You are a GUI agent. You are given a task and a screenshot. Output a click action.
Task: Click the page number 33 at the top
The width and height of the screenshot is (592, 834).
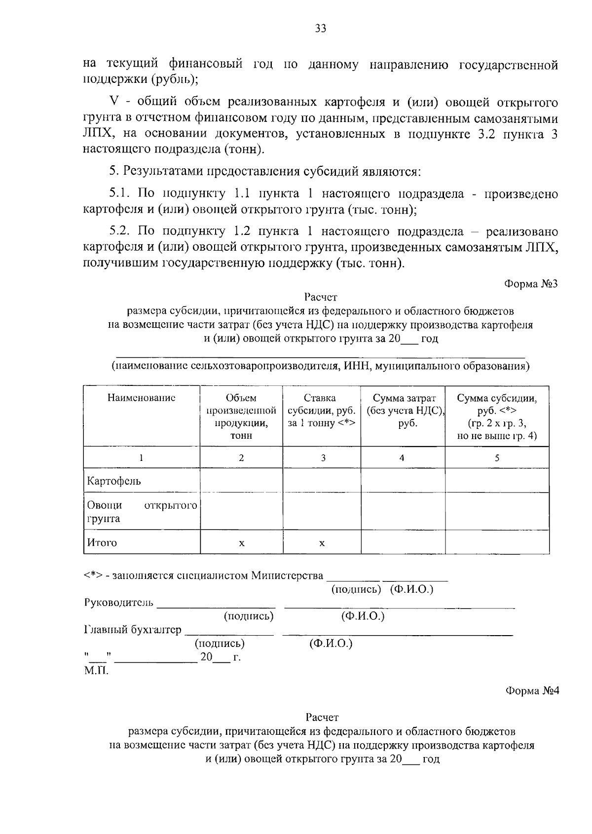(321, 29)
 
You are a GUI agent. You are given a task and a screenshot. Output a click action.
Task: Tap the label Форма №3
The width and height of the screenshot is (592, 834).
(531, 284)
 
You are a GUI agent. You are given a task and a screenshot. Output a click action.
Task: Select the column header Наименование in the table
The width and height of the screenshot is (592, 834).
(142, 398)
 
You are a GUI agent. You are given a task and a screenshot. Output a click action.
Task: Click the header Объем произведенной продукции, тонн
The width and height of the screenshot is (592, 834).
(241, 417)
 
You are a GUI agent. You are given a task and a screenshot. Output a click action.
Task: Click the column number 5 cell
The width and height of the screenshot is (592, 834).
(497, 458)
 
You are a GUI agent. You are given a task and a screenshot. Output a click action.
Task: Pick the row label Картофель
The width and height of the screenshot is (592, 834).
(114, 481)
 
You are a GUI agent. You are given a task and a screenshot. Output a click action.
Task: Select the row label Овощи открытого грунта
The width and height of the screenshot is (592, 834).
(142, 512)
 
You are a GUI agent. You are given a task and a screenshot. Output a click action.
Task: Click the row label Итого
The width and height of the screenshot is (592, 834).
(102, 543)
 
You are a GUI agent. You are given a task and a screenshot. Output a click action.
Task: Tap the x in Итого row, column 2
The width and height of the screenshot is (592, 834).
(241, 543)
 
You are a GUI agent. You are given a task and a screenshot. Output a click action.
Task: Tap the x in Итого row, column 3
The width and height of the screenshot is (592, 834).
(322, 543)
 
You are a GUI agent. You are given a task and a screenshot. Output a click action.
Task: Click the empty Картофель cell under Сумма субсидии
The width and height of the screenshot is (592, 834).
(497, 481)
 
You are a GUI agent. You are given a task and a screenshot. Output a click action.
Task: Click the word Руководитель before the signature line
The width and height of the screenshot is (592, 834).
(119, 603)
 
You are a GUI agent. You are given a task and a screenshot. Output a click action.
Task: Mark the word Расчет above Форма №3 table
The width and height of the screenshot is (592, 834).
(321, 297)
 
